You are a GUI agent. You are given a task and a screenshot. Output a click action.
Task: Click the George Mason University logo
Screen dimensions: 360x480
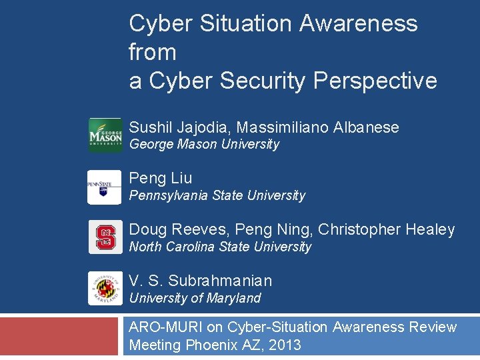(105, 135)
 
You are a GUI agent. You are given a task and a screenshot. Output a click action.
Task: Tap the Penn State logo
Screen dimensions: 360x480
(105, 187)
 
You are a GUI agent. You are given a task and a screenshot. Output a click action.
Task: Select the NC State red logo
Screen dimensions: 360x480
(105, 237)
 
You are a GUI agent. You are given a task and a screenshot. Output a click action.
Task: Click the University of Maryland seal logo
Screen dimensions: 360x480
(105, 289)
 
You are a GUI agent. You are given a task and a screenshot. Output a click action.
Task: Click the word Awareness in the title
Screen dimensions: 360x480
(358, 23)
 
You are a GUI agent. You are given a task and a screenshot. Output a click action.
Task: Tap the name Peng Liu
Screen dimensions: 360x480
(160, 178)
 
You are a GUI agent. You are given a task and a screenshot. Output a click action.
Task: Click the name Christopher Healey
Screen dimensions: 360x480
(387, 229)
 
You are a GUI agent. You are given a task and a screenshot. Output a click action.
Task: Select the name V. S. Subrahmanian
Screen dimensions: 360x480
(200, 281)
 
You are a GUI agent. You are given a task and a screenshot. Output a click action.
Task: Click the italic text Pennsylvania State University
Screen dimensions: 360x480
(217, 195)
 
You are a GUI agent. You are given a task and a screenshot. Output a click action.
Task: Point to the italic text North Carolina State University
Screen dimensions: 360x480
(220, 247)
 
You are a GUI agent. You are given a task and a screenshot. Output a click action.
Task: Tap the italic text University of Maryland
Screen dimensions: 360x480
(195, 298)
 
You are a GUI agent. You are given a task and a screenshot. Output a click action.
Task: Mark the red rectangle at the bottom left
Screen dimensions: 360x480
(61, 337)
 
